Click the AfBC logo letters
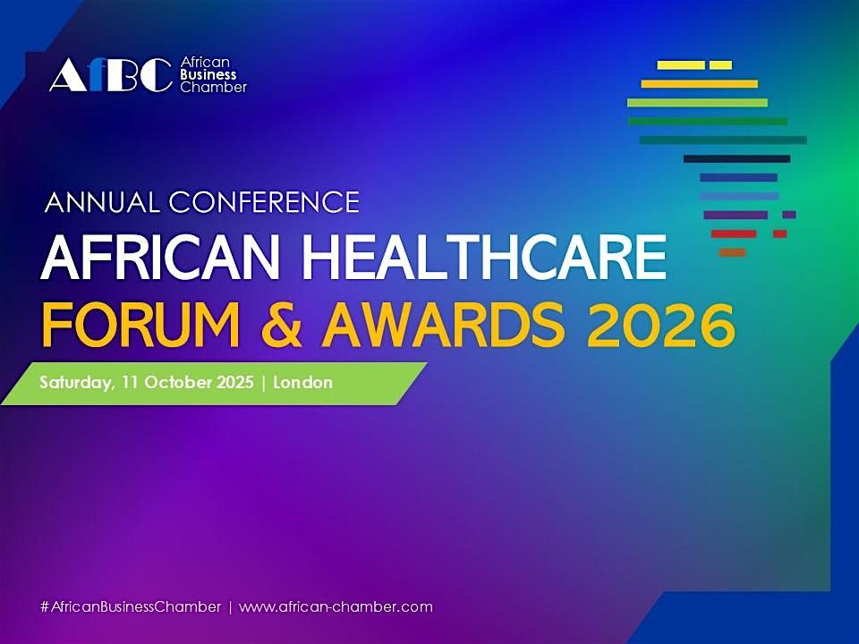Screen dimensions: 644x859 [x=109, y=76]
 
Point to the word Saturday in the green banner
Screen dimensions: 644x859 [x=75, y=383]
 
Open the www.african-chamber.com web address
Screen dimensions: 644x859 [x=336, y=606]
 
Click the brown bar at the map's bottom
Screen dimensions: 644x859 [x=732, y=252]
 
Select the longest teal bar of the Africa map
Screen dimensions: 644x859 [x=723, y=140]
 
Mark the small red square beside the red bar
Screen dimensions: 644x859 [x=779, y=233]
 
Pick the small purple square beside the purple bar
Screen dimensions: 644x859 [x=788, y=215]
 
